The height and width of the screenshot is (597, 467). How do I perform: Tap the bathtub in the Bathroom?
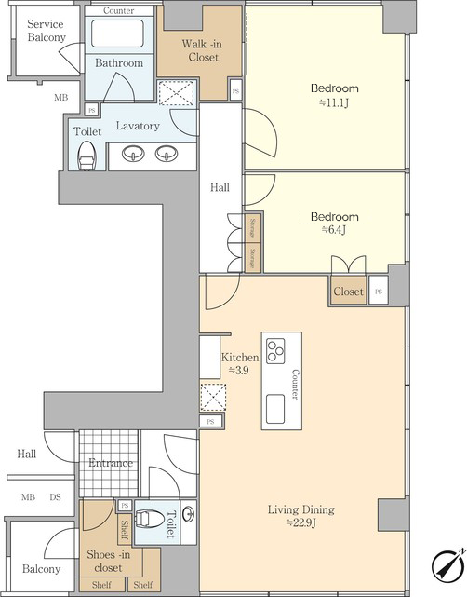coord(117,34)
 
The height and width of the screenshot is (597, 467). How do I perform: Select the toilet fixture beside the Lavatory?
coord(87,156)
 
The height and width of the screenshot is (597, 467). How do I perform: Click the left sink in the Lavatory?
coord(133,154)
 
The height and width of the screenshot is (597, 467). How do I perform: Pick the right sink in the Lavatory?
coord(167,154)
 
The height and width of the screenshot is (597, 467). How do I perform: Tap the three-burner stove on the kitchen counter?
coord(275,351)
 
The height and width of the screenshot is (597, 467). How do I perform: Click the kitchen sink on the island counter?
coord(275,409)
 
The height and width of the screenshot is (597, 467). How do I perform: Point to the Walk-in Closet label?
coord(202,50)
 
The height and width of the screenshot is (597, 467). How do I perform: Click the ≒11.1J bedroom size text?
coord(334,102)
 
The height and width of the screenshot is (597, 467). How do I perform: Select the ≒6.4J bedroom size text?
coord(334,230)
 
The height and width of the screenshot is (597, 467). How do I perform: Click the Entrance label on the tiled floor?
coord(111,463)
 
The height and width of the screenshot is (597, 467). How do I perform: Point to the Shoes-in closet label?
coord(109,561)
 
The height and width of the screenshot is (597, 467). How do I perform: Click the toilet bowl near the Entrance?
coord(151,519)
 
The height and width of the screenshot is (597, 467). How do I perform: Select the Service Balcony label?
coord(47,31)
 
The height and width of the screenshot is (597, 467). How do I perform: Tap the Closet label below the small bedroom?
coord(348,292)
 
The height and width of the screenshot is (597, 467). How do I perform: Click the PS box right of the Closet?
coord(379,291)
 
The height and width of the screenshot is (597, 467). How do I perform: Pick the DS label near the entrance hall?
coord(55,497)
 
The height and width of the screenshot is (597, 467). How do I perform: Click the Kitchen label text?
coord(240,358)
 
